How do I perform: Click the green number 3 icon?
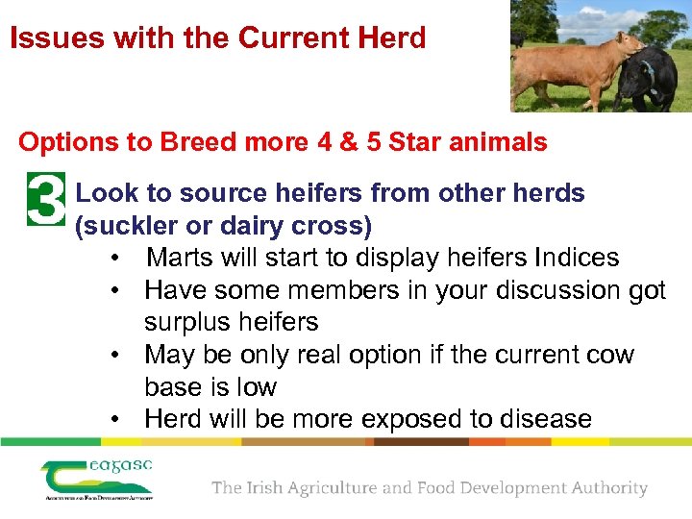click(45, 200)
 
